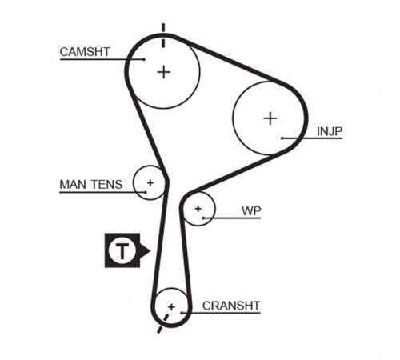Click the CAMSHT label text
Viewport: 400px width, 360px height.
(x=85, y=52)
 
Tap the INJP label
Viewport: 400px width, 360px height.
(x=330, y=131)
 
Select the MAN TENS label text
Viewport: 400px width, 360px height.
(x=91, y=184)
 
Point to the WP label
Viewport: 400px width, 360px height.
(x=251, y=211)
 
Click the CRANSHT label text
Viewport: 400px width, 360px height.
(x=231, y=306)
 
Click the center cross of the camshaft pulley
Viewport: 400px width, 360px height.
(x=164, y=72)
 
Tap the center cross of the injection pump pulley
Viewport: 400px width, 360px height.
(x=270, y=118)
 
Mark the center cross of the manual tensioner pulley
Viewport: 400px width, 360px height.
(x=150, y=182)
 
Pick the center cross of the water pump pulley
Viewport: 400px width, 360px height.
(x=198, y=209)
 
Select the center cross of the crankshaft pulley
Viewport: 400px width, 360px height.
(x=171, y=307)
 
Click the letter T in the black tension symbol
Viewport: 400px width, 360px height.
(x=122, y=250)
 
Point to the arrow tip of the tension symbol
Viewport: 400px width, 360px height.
(x=150, y=250)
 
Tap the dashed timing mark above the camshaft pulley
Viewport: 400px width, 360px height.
(x=163, y=36)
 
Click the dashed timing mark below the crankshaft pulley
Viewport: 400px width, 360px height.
(x=162, y=323)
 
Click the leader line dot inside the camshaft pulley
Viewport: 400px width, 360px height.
(x=144, y=59)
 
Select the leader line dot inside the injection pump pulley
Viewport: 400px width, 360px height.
(x=282, y=138)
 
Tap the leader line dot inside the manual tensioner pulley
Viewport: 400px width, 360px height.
(x=146, y=192)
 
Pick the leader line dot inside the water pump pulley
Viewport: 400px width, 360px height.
(x=203, y=218)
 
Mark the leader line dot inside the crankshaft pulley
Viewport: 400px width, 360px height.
(x=182, y=313)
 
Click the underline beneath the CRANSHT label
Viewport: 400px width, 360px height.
(x=221, y=313)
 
